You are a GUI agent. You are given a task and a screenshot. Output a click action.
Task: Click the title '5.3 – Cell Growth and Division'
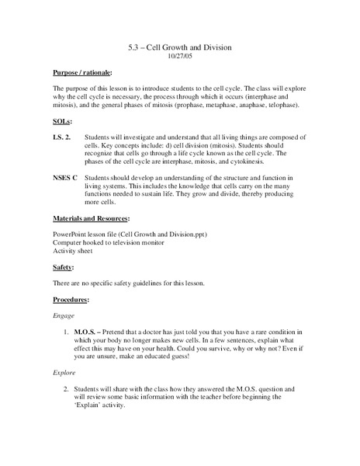point(179,48)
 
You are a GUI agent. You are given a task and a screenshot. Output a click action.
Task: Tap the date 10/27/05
point(179,57)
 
